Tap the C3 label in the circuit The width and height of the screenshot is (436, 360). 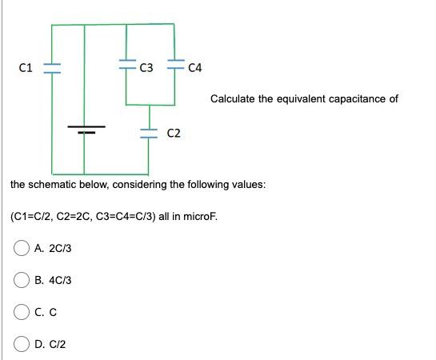pos(146,67)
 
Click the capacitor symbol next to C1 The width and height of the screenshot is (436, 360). pos(52,67)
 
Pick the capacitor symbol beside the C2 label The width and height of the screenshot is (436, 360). pos(149,132)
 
